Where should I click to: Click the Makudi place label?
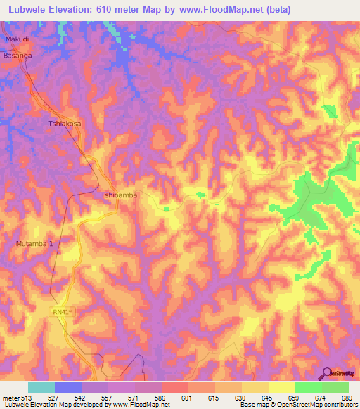coord(18,40)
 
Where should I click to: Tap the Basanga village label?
coord(18,54)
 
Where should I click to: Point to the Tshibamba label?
coord(119,195)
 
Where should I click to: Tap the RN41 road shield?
coord(62,311)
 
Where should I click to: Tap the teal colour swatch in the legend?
coord(41,387)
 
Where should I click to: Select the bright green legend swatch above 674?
coord(308,387)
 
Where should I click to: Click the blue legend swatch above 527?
coord(68,387)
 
